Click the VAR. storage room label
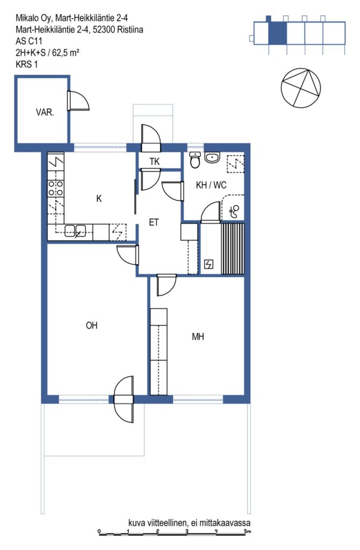pos(45,113)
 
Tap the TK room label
pos(154,161)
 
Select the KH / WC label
pos(211,185)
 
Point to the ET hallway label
pos(154,222)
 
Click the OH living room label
pos(91,325)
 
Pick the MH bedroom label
pos(198,337)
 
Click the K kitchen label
pos(99,199)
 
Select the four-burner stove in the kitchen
pos(56,187)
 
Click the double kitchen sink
pos(75,231)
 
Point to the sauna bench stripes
pos(232,248)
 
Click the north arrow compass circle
pos(301,88)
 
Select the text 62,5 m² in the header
pos(66,53)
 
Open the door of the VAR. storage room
pos(78,101)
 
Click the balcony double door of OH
pos(124,399)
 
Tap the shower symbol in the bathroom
pos(234,211)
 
